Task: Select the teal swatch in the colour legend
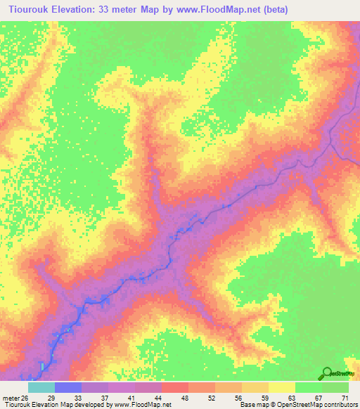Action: (x=41, y=387)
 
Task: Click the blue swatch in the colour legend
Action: (x=68, y=387)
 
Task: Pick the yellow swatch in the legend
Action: (x=282, y=387)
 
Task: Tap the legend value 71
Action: (x=345, y=397)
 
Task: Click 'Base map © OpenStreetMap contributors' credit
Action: (x=297, y=405)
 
